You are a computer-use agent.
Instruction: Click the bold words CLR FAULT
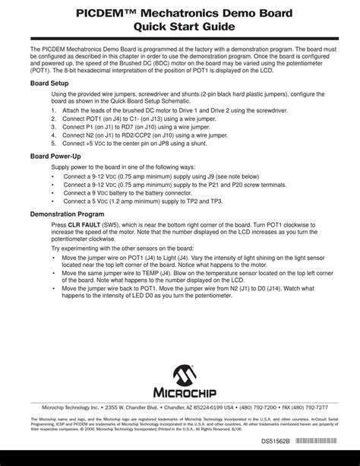(x=82, y=226)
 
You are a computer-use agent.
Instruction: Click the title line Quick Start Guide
(x=180, y=26)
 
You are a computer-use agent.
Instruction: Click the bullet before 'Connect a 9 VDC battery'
(x=52, y=193)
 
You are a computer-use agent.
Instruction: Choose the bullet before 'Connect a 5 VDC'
(x=52, y=201)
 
